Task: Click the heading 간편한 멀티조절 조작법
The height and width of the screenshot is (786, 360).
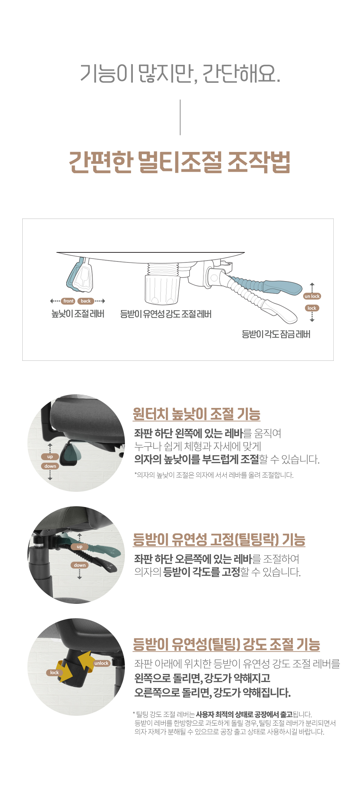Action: tap(180, 162)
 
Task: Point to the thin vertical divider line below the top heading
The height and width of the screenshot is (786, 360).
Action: tap(180, 117)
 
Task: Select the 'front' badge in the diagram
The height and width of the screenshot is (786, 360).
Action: tap(68, 301)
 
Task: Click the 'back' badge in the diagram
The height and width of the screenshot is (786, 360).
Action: tap(86, 301)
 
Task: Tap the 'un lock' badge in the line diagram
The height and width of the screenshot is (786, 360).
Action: tap(312, 296)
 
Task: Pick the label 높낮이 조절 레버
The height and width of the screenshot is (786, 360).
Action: tap(78, 314)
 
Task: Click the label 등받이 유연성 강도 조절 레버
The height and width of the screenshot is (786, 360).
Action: tap(166, 314)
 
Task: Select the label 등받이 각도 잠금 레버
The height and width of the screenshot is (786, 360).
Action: tap(276, 334)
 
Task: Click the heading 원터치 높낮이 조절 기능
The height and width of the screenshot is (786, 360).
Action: tap(197, 414)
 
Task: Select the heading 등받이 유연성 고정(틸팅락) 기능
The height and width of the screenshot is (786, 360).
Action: tap(219, 539)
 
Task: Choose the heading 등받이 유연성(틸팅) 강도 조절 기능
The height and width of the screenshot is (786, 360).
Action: tap(226, 644)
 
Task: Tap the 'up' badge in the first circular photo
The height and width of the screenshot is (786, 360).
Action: tap(50, 457)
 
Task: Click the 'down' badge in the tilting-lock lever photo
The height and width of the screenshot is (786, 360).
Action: tap(80, 565)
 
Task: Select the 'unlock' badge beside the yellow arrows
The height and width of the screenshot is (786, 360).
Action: tap(101, 663)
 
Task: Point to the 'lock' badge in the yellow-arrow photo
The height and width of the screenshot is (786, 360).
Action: tap(54, 672)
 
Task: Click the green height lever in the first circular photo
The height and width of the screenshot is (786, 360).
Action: tap(70, 455)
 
